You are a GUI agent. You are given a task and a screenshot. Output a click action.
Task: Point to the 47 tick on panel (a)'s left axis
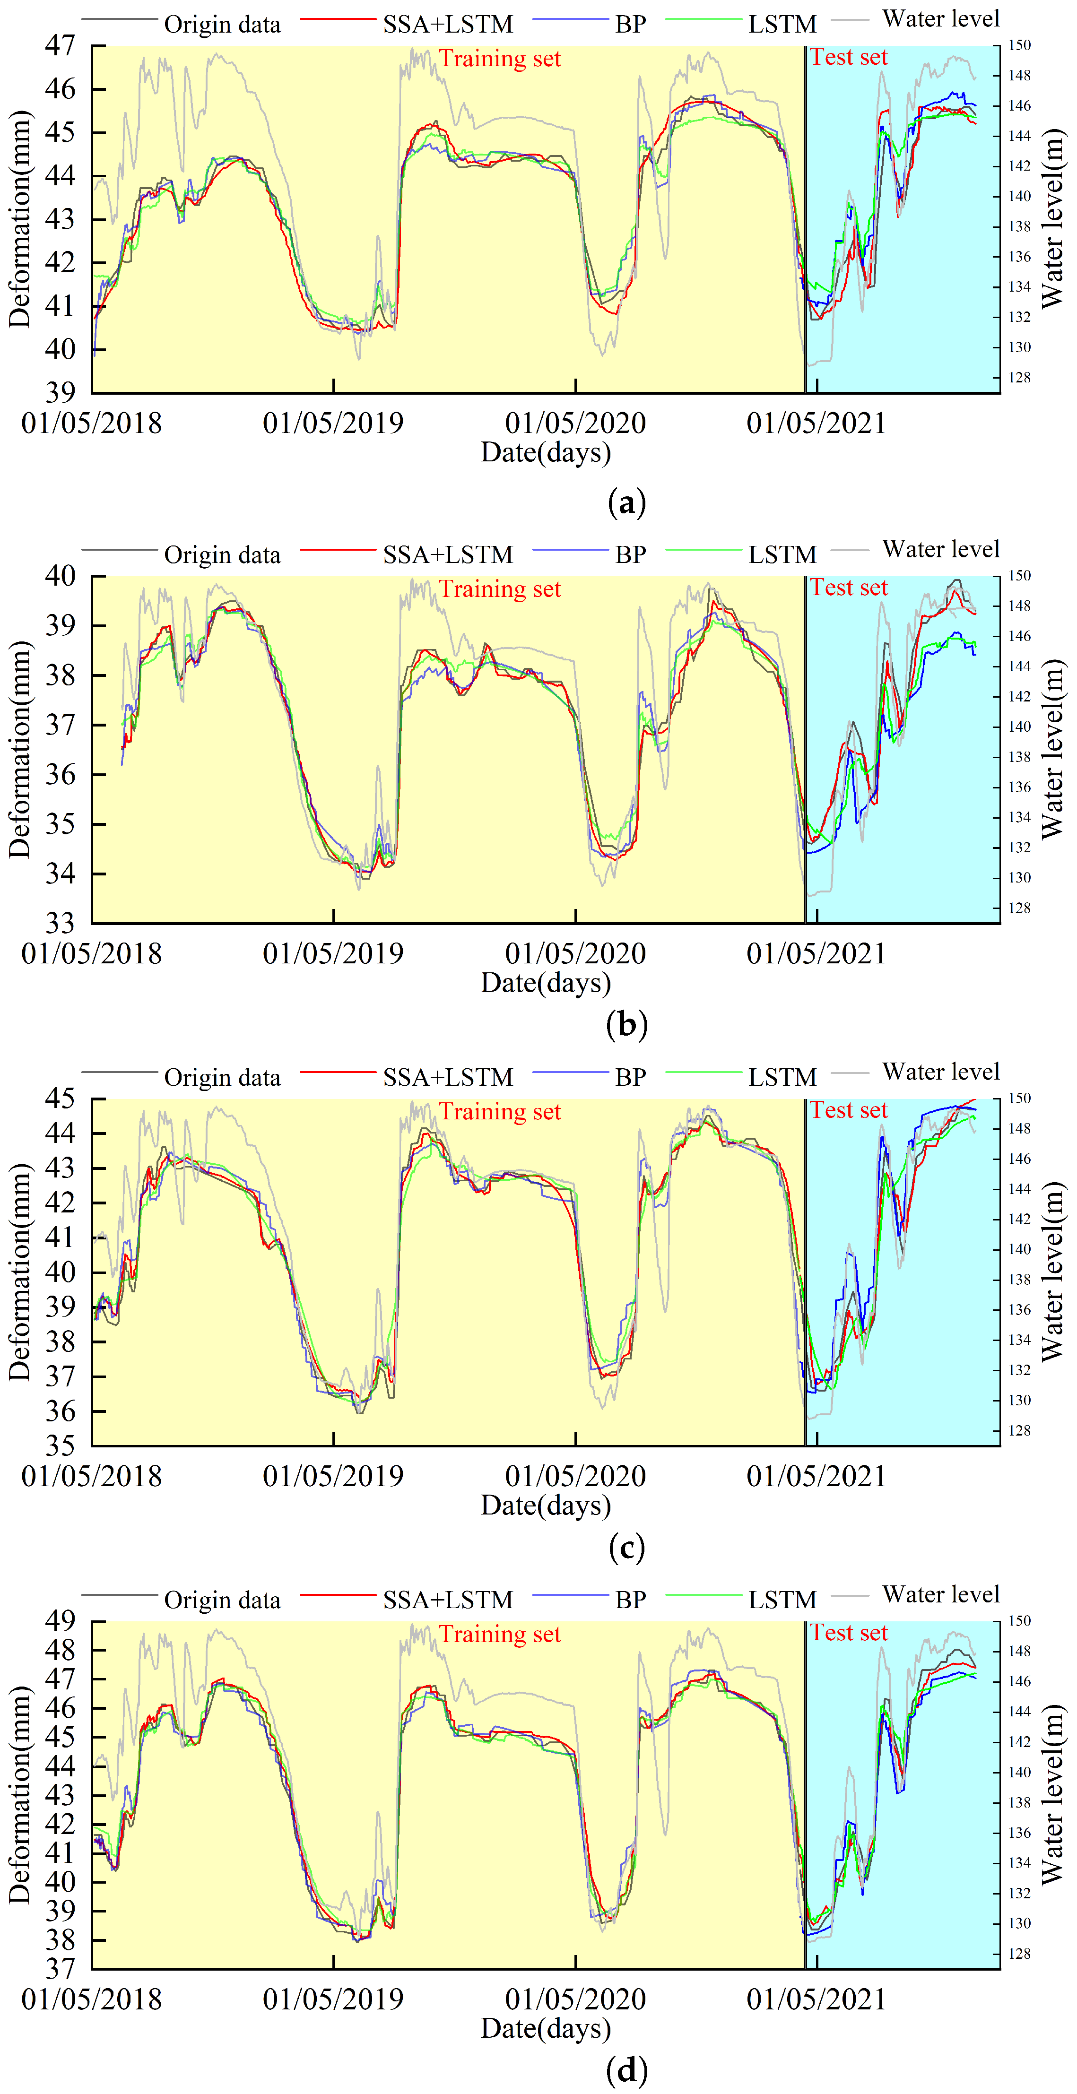[60, 45]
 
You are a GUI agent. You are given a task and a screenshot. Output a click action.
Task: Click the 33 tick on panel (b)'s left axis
[60, 924]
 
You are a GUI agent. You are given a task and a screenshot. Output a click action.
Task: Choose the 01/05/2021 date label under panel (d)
[816, 1999]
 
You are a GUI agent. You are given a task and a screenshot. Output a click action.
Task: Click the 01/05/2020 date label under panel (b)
[575, 953]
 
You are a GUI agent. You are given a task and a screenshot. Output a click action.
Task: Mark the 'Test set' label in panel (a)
[849, 57]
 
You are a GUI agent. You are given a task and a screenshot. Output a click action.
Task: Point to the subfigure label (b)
[627, 1024]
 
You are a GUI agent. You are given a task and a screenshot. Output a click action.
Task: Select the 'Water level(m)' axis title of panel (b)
[1052, 749]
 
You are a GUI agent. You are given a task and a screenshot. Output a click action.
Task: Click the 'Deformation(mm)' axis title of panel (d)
[19, 1794]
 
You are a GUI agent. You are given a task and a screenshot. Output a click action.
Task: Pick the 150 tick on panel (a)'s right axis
[1019, 45]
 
